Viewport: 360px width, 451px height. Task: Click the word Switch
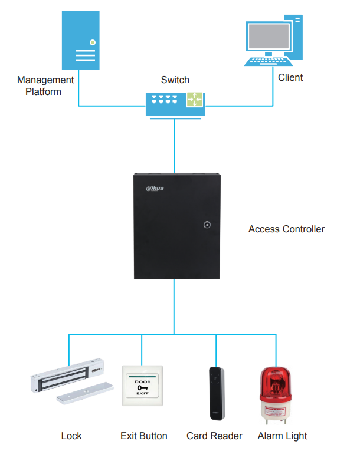(175, 80)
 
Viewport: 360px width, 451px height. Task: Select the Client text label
(290, 77)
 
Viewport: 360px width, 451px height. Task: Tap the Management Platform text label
(45, 85)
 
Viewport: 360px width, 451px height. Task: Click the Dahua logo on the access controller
(155, 189)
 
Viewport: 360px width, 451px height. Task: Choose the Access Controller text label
(286, 229)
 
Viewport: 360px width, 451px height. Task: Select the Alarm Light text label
(282, 436)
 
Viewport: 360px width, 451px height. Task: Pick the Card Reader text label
(214, 436)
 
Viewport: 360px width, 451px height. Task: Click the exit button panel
(142, 386)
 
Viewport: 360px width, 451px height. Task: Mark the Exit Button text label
(143, 436)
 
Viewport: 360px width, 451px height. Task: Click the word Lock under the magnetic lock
(71, 436)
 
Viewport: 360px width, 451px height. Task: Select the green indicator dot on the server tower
(93, 42)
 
